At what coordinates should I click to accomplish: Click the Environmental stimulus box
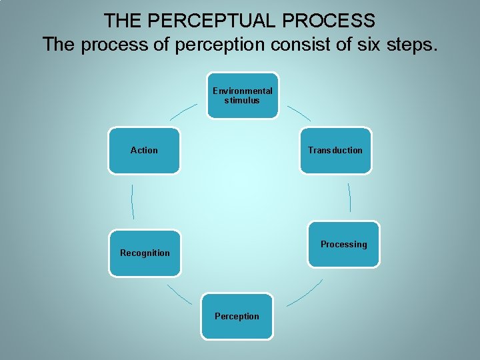point(242,95)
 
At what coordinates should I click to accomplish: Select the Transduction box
point(335,151)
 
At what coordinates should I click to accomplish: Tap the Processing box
point(343,245)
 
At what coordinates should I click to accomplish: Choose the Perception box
point(237,316)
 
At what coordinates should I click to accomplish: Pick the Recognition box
point(145,253)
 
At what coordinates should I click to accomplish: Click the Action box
point(144,151)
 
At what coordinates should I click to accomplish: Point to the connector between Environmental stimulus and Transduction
point(298,113)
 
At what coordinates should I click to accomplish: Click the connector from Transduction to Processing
point(349,197)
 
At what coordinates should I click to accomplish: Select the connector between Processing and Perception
point(305,293)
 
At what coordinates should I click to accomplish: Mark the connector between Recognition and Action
point(133,201)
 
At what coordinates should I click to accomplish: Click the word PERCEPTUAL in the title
point(212,21)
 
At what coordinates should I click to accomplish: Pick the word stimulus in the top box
point(242,101)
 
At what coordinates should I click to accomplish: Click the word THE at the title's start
point(122,21)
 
